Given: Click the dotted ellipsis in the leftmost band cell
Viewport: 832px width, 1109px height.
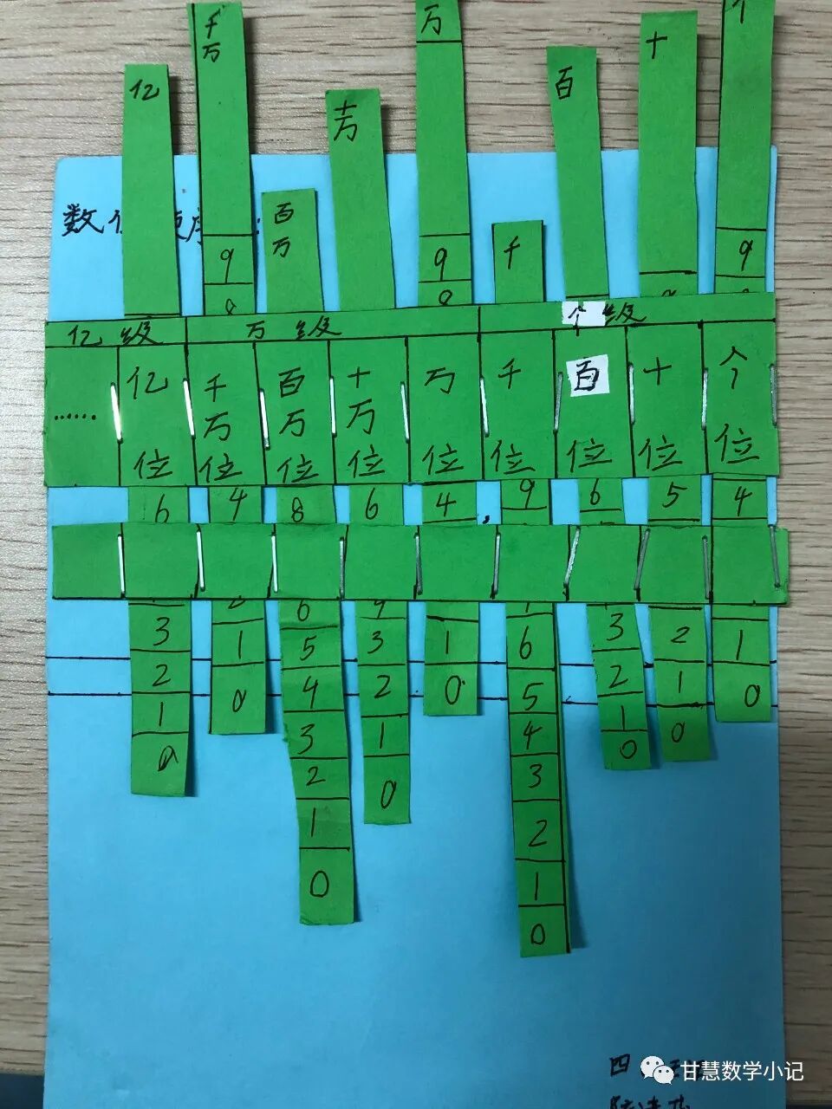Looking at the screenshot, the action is (76, 417).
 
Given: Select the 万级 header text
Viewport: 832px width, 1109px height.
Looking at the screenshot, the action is (295, 330).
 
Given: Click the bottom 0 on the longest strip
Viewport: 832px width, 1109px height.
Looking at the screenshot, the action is (538, 933).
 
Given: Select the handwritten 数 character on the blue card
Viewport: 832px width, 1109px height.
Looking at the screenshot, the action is (81, 222).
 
